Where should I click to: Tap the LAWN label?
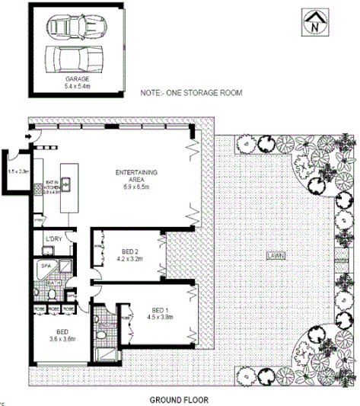[276, 256]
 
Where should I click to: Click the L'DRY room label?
[53, 240]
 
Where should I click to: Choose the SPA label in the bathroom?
[46, 266]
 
